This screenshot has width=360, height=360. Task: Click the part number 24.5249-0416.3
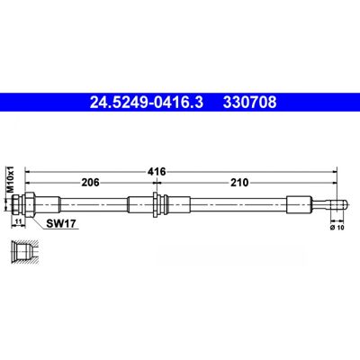[x=147, y=103]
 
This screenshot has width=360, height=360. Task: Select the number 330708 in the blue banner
[x=249, y=103]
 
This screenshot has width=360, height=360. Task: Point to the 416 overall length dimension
[x=157, y=172]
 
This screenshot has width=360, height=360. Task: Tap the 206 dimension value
[x=90, y=182]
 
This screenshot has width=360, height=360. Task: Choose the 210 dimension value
[x=239, y=182]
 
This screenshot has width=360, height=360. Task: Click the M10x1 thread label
[x=11, y=179]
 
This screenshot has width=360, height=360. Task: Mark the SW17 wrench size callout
[x=60, y=223]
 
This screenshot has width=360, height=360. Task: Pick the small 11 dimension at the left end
[x=19, y=220]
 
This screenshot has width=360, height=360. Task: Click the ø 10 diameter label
[x=337, y=228]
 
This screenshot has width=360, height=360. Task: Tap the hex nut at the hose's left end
[x=30, y=204]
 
